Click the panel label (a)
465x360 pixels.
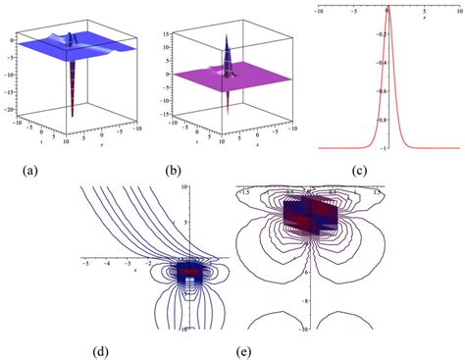tap(30, 171)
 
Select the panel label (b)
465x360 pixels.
tap(177, 171)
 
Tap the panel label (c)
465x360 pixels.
tap(359, 171)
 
